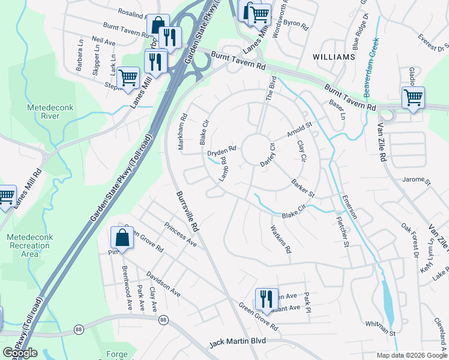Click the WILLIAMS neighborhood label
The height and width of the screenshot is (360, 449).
[x=334, y=56]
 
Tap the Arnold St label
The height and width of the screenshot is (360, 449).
[x=300, y=130]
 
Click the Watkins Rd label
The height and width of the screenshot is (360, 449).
[x=280, y=239]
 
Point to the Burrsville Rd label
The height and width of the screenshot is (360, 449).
[x=187, y=212]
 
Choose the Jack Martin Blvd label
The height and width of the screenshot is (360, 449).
[x=237, y=343]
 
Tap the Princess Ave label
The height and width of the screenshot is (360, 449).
[x=180, y=235]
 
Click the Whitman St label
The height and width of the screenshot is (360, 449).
[x=381, y=328]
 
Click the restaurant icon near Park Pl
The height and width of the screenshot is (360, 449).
[x=265, y=298]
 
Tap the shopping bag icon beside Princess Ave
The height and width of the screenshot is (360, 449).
[x=122, y=237]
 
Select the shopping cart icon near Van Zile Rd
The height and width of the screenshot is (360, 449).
[x=413, y=97]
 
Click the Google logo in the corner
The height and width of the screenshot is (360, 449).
[x=20, y=353]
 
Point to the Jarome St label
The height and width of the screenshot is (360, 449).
[x=417, y=179]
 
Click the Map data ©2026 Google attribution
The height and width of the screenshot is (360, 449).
[x=411, y=355]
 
